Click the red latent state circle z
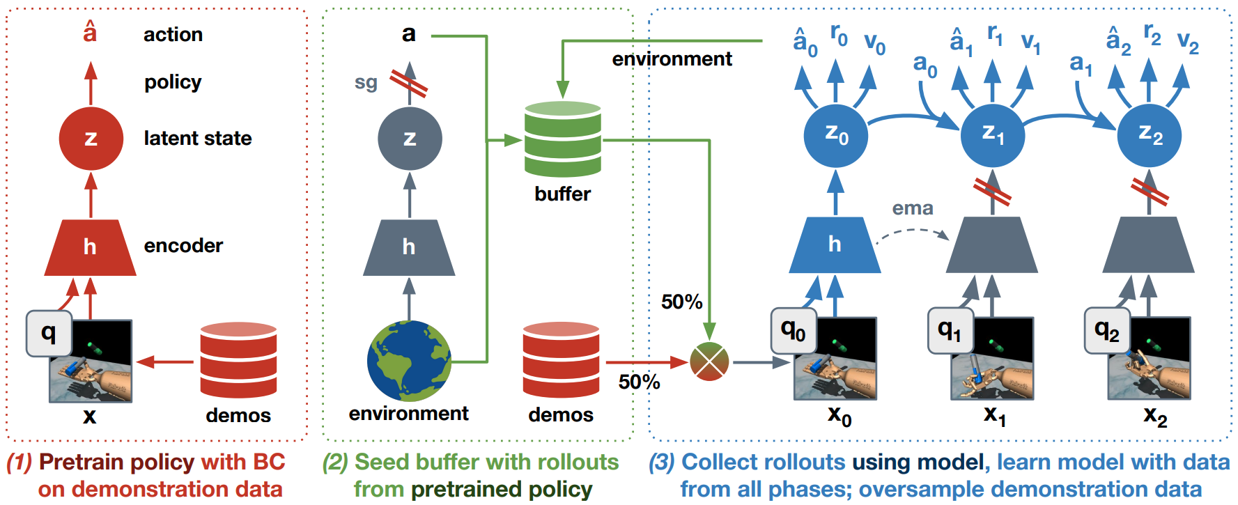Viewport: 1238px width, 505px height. [91, 138]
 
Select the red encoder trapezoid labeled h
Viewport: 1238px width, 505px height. [90, 247]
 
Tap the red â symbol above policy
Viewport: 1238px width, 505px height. [90, 32]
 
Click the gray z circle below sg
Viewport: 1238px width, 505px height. [410, 138]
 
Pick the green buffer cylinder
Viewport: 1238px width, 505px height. [562, 139]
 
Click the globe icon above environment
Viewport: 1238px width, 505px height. [409, 360]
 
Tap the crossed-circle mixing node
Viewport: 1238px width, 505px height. [709, 362]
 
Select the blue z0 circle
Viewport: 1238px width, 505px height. [835, 135]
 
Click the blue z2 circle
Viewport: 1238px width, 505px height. [1149, 135]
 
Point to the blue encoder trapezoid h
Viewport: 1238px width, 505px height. [835, 244]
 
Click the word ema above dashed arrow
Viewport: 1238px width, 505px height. [913, 208]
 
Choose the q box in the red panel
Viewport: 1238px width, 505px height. [49, 333]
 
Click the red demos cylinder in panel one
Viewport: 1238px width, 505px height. [238, 360]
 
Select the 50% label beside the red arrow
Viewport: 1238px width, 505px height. [639, 382]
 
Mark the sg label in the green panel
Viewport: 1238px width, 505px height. [366, 83]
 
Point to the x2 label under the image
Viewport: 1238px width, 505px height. [1154, 417]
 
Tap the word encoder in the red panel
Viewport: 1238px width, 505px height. [183, 246]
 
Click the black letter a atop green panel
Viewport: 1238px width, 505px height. [409, 33]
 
